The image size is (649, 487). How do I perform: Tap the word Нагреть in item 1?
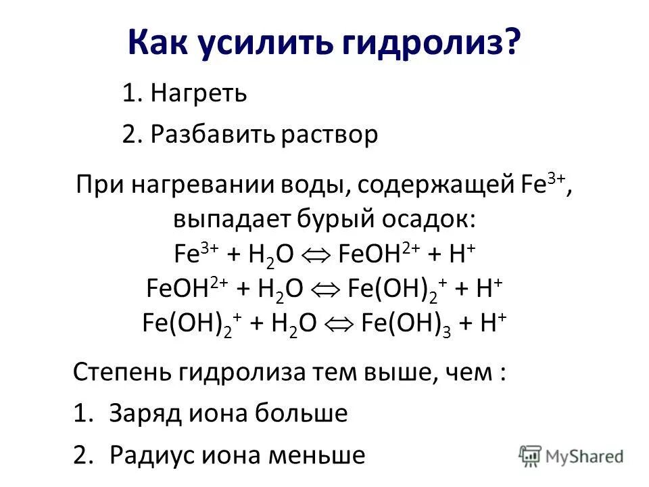[199, 93]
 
